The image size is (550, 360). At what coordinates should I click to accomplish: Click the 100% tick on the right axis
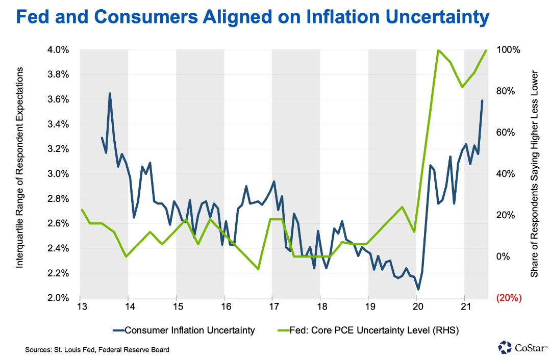click(508, 50)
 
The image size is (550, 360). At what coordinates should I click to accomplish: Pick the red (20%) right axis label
click(509, 298)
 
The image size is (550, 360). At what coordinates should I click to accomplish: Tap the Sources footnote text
click(97, 350)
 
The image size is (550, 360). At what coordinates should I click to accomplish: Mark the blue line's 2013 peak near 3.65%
click(110, 93)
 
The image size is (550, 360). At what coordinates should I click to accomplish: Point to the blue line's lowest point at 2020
click(418, 290)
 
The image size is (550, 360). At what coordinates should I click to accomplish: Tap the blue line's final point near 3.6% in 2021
click(482, 101)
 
